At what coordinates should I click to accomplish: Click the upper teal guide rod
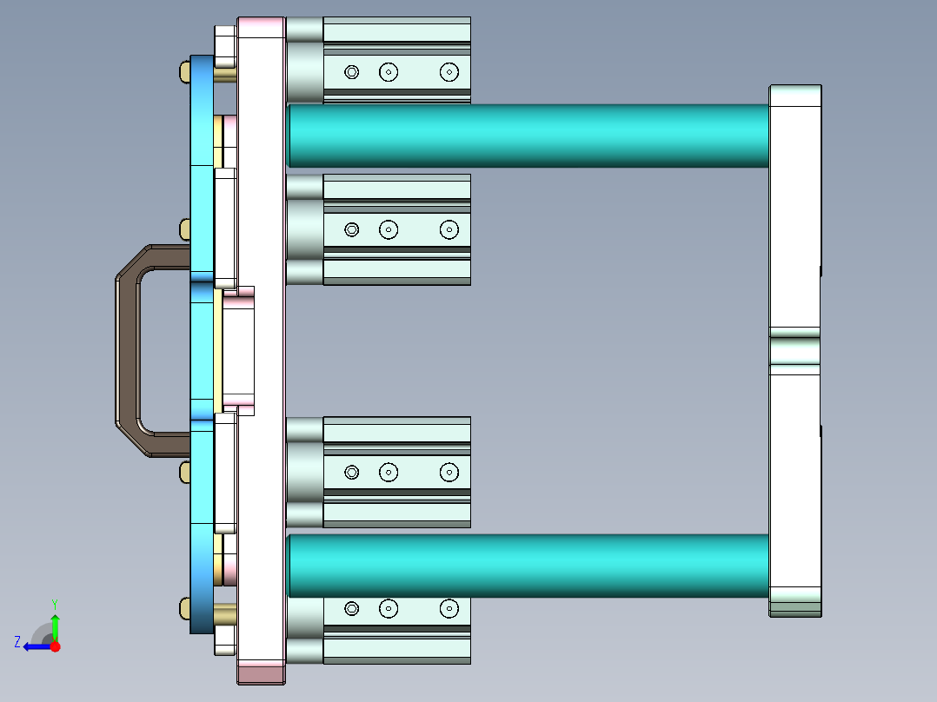click(x=528, y=136)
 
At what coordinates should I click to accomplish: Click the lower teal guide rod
click(x=528, y=566)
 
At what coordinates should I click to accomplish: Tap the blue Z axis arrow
click(x=37, y=646)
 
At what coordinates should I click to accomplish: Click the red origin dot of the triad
click(x=56, y=646)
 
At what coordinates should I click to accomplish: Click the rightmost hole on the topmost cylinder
click(x=449, y=72)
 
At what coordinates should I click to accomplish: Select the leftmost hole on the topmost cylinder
click(x=352, y=72)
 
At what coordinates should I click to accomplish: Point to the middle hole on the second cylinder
click(x=389, y=229)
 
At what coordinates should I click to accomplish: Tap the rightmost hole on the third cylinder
click(x=449, y=472)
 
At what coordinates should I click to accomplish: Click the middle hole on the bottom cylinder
click(x=389, y=608)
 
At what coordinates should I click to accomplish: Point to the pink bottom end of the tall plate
click(x=262, y=672)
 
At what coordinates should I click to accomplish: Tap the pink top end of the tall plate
click(x=262, y=27)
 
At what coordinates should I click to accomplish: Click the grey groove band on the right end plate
click(x=794, y=350)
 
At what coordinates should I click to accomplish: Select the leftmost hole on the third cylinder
click(x=352, y=472)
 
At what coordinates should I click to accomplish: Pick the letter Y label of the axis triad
click(x=54, y=603)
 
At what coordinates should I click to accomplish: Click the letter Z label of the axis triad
click(x=17, y=641)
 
